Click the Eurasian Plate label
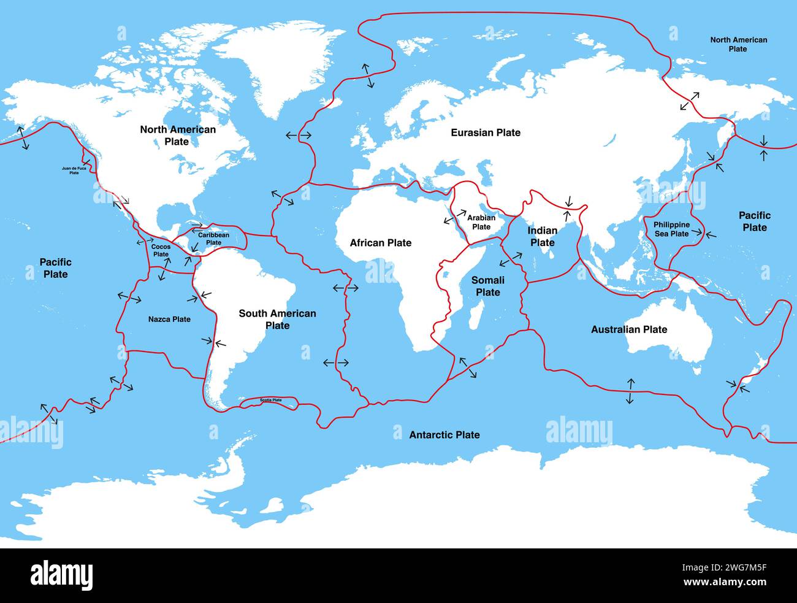click(486, 133)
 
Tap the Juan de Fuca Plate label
click(74, 170)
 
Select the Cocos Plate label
click(161, 250)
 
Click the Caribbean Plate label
click(213, 239)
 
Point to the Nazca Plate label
click(169, 319)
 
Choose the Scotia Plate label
click(270, 400)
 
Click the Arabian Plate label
click(481, 222)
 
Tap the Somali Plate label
click(487, 286)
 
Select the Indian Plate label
click(543, 236)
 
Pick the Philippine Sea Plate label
click(671, 229)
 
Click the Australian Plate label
click(628, 329)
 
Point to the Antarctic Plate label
click(444, 435)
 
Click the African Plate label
click(381, 243)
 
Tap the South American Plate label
click(277, 319)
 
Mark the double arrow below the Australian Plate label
click(630, 391)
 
